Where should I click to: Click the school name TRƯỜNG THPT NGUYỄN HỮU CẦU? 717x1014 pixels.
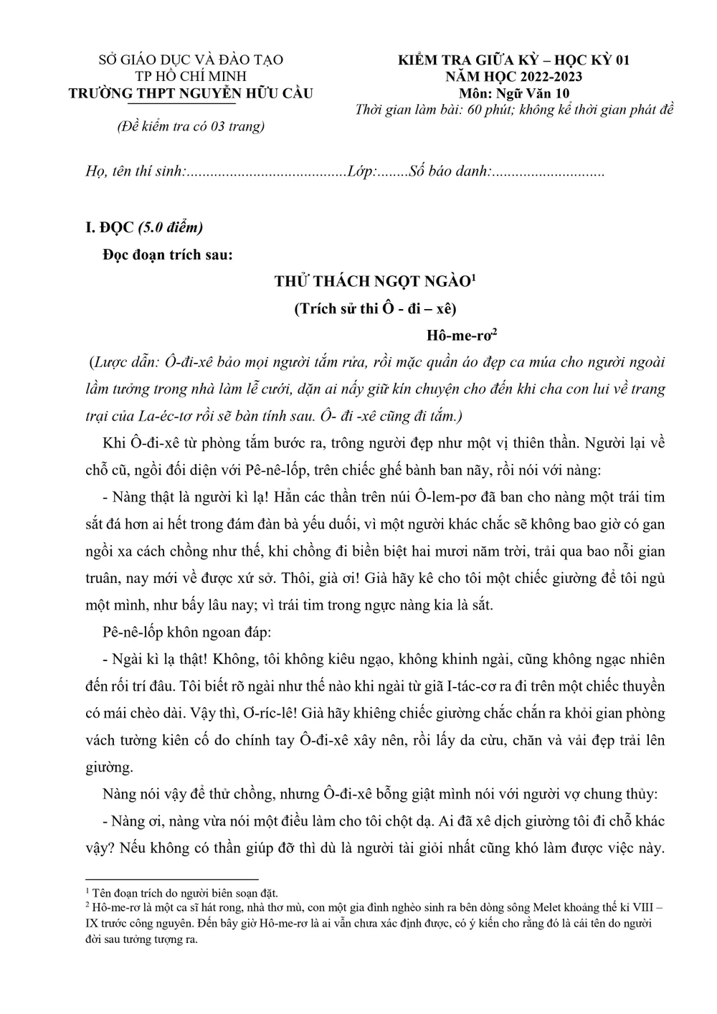click(190, 93)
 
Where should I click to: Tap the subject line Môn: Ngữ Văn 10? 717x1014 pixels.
click(514, 93)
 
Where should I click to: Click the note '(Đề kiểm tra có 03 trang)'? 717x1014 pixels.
click(191, 126)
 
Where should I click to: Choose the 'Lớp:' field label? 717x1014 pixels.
click(361, 172)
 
